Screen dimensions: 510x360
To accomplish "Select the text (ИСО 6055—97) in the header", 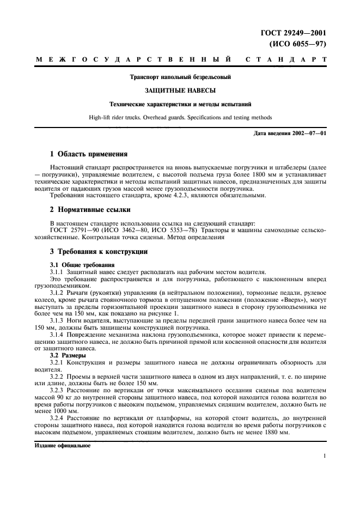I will pyautogui.click(x=297, y=44).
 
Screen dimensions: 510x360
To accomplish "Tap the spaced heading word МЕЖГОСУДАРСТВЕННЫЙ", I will pyautogui.click(x=133, y=59).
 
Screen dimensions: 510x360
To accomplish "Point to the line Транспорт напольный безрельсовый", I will pyautogui.click(x=180, y=77).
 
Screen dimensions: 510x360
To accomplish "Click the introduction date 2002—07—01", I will pyautogui.click(x=307, y=134).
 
